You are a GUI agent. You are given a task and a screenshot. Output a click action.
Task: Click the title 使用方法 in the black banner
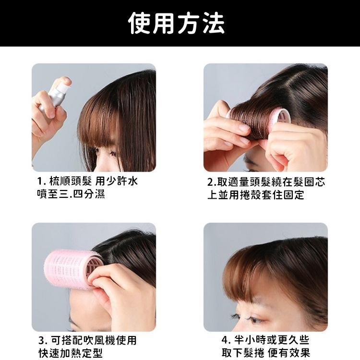[180, 23]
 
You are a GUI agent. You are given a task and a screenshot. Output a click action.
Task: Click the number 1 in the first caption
[40, 182]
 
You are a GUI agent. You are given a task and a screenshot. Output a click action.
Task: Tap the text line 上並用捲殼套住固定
[255, 195]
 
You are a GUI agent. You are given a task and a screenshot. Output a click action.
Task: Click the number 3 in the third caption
[42, 341]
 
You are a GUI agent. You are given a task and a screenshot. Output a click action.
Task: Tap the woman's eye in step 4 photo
[249, 317]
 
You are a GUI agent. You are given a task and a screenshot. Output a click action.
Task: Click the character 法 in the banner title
[215, 23]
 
